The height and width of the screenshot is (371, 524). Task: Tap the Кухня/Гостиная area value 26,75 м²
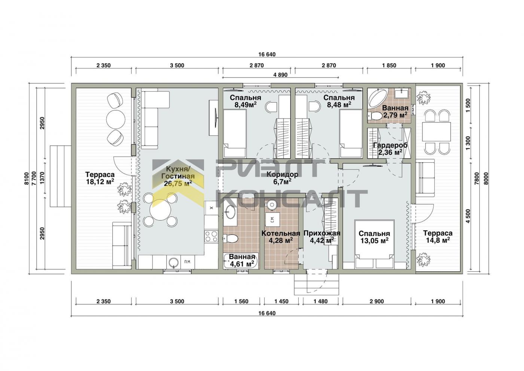(x=178, y=183)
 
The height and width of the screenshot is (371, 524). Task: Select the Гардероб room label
(x=390, y=145)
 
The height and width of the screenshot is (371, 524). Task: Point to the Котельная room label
(x=281, y=233)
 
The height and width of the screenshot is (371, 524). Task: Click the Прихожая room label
(x=322, y=233)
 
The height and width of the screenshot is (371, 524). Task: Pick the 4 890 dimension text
(x=280, y=75)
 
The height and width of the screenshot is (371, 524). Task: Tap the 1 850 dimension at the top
(x=389, y=65)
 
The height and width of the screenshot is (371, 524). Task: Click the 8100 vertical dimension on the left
(x=26, y=178)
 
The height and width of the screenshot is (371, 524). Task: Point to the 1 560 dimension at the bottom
(x=241, y=301)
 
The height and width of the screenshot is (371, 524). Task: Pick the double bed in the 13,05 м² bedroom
(x=375, y=244)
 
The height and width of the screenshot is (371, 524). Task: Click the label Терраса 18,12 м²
(x=100, y=178)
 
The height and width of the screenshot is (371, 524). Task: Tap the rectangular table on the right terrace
(x=436, y=132)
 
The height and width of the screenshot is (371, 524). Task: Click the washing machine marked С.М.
(x=272, y=220)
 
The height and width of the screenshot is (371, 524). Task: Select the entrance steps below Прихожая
(x=317, y=284)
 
